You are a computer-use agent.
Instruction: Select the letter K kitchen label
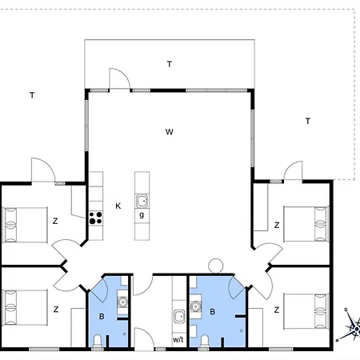[118, 206]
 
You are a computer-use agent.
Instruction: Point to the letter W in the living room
[169, 130]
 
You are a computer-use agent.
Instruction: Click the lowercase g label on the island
[142, 215]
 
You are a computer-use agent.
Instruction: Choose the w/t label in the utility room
[178, 339]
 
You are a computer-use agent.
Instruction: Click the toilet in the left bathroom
[98, 342]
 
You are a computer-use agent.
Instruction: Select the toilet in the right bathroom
[205, 342]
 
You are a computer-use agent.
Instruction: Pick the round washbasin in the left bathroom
[122, 301]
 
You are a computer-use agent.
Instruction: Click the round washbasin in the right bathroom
[194, 305]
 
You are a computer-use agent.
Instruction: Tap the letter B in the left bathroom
[102, 317]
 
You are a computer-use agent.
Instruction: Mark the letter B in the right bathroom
[212, 312]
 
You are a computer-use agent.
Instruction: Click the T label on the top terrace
[169, 63]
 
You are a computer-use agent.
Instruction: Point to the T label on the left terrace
[32, 95]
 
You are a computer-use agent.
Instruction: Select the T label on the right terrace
[307, 121]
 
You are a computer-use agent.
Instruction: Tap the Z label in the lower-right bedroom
[277, 309]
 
